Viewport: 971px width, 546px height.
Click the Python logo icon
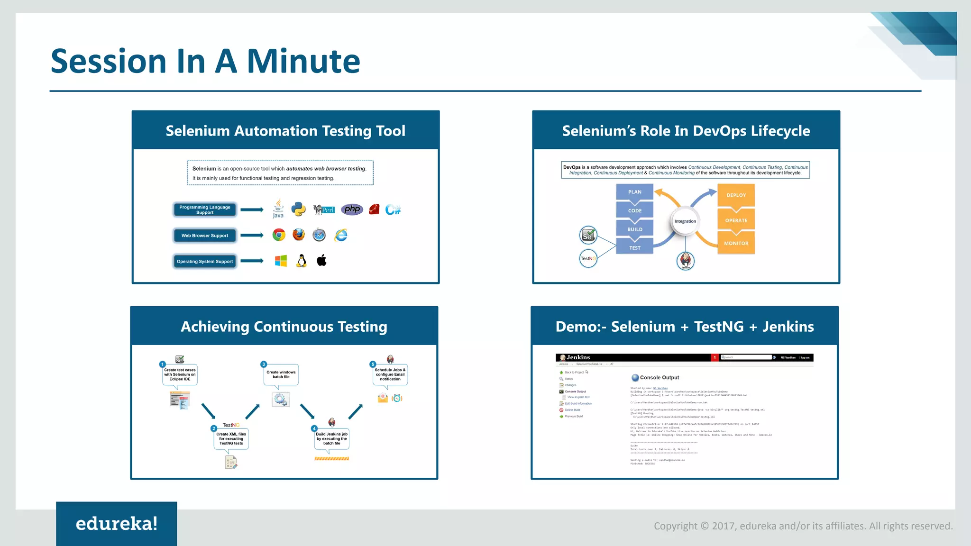(298, 209)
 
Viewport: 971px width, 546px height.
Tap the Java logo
(278, 209)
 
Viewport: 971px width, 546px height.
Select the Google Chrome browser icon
(279, 235)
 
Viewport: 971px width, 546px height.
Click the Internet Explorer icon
(341, 235)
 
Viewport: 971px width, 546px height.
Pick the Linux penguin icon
(302, 261)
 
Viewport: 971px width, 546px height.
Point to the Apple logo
(321, 260)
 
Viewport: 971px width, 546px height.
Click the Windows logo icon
(281, 261)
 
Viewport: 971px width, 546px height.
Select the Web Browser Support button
(205, 236)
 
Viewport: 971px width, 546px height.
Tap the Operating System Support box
(205, 261)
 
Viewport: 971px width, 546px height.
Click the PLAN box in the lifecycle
(634, 192)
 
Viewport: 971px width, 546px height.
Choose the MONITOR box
(736, 243)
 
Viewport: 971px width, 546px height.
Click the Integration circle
(685, 221)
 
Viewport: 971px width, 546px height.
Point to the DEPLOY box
(736, 195)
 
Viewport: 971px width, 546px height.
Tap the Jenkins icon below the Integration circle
(686, 261)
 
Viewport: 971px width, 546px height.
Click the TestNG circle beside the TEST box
(588, 258)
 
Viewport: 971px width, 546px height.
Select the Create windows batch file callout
(281, 374)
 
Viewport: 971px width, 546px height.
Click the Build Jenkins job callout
(331, 438)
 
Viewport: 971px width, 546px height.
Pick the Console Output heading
(659, 378)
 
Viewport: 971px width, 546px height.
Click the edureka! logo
(117, 524)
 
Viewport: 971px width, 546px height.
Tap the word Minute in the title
(303, 62)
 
